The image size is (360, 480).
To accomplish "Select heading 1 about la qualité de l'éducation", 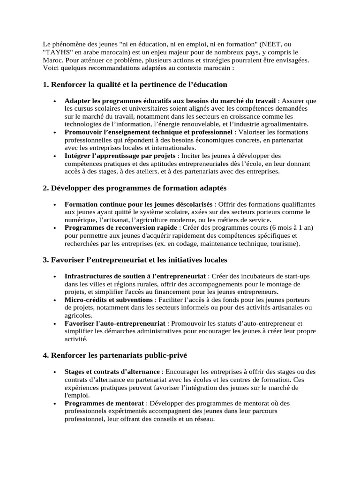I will click(x=135, y=84).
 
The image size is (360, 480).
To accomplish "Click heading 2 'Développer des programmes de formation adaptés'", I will click(x=135, y=188).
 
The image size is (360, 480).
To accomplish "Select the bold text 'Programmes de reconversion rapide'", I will click(x=121, y=227).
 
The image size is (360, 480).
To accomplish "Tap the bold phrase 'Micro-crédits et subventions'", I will click(x=108, y=300).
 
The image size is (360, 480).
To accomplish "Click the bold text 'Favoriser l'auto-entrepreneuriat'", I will click(x=115, y=323).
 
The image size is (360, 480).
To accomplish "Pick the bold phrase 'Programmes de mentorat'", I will click(x=105, y=403).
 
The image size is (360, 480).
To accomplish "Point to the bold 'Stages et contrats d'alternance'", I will click(x=112, y=371).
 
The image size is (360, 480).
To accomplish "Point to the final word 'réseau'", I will click(x=202, y=419).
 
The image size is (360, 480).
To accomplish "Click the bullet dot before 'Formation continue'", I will click(x=55, y=205).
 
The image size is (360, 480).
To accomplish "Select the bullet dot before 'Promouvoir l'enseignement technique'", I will click(x=55, y=133).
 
